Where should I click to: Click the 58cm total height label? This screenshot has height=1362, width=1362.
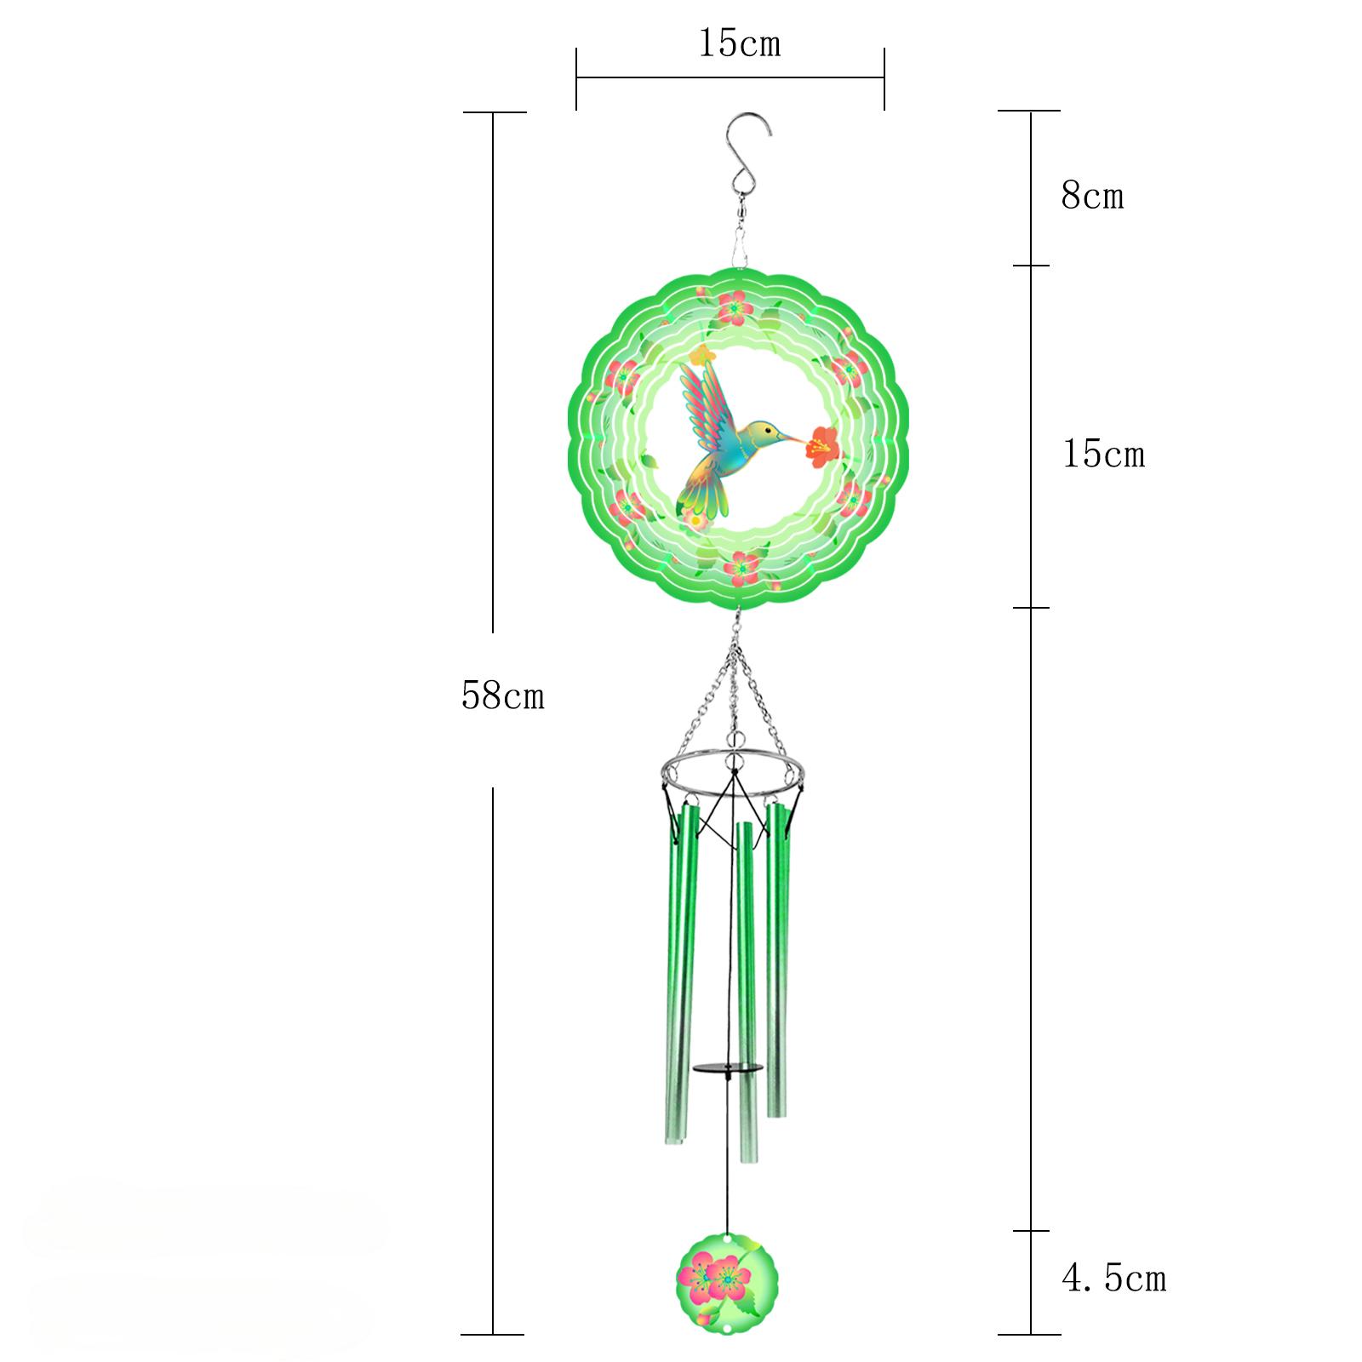pyautogui.click(x=502, y=696)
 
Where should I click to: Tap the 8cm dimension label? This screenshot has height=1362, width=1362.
pyautogui.click(x=1092, y=197)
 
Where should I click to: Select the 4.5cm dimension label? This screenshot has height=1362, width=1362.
pyautogui.click(x=1113, y=1279)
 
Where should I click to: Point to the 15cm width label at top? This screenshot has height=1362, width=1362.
pyautogui.click(x=739, y=43)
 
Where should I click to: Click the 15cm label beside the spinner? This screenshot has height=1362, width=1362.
pyautogui.click(x=1103, y=455)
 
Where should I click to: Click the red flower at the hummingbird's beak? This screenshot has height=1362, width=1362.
pyautogui.click(x=821, y=444)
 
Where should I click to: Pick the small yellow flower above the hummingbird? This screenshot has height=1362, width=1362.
pyautogui.click(x=701, y=355)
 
